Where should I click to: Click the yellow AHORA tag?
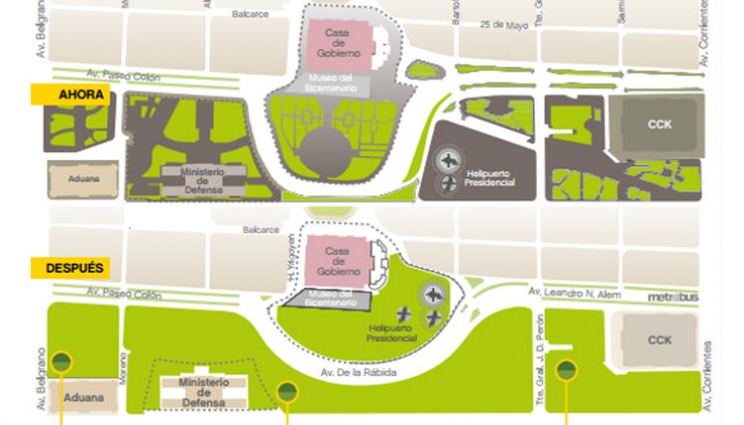[73, 96]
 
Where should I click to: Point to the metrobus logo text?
[673, 297]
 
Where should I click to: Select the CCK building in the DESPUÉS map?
[659, 340]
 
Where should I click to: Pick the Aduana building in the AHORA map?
[83, 179]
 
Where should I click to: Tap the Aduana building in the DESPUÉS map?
[83, 397]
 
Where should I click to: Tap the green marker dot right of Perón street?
[566, 370]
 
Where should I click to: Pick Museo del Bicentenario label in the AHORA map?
[335, 85]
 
